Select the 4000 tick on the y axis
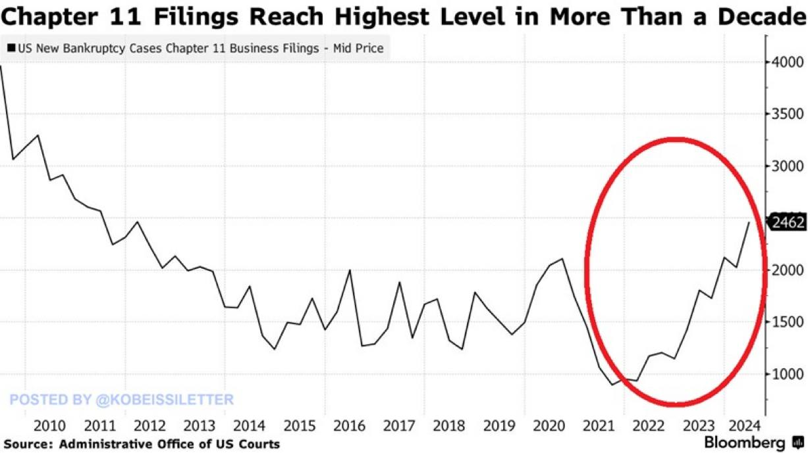click(x=787, y=62)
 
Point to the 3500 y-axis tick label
click(x=787, y=114)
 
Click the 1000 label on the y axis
click(x=787, y=374)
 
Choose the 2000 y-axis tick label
click(x=787, y=270)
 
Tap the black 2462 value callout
click(x=788, y=222)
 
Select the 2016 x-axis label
click(x=350, y=425)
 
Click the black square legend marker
click(x=11, y=48)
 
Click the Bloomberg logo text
click(x=744, y=442)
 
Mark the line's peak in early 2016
click(x=350, y=270)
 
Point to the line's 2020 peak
click(x=562, y=259)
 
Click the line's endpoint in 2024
click(x=749, y=222)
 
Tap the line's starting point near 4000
click(x=1, y=66)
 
